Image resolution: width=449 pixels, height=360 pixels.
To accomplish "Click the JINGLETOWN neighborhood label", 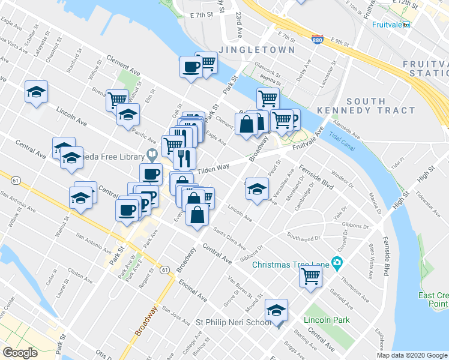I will [256, 49].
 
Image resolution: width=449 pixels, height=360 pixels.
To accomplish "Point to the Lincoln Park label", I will [327, 320].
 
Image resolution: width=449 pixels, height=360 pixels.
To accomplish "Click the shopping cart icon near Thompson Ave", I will [311, 276].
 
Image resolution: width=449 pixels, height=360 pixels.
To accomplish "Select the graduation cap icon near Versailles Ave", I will [257, 188].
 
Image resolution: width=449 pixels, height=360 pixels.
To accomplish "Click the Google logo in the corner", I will [20, 353].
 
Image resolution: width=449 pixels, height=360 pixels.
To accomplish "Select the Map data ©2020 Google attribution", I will [411, 355].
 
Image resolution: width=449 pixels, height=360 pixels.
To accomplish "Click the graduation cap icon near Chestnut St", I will [37, 92].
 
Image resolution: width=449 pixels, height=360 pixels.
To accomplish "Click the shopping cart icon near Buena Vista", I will [117, 98].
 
